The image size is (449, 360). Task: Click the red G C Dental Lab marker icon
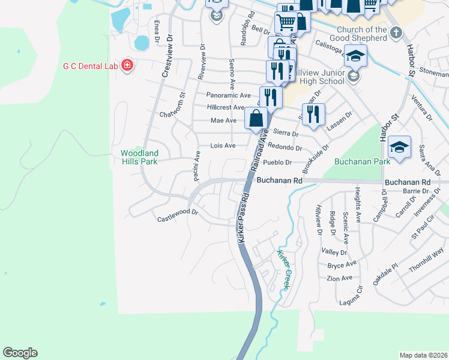pos(127,65)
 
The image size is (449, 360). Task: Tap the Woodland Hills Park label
pos(139,158)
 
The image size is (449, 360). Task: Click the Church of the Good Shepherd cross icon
pos(395,34)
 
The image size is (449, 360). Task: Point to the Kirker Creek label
pos(283,270)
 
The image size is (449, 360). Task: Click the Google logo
pos(20,352)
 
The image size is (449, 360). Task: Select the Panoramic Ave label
pos(228,95)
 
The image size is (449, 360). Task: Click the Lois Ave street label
pos(223,146)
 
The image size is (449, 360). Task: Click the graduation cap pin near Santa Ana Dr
pos(399,146)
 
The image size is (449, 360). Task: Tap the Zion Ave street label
pos(339,278)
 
